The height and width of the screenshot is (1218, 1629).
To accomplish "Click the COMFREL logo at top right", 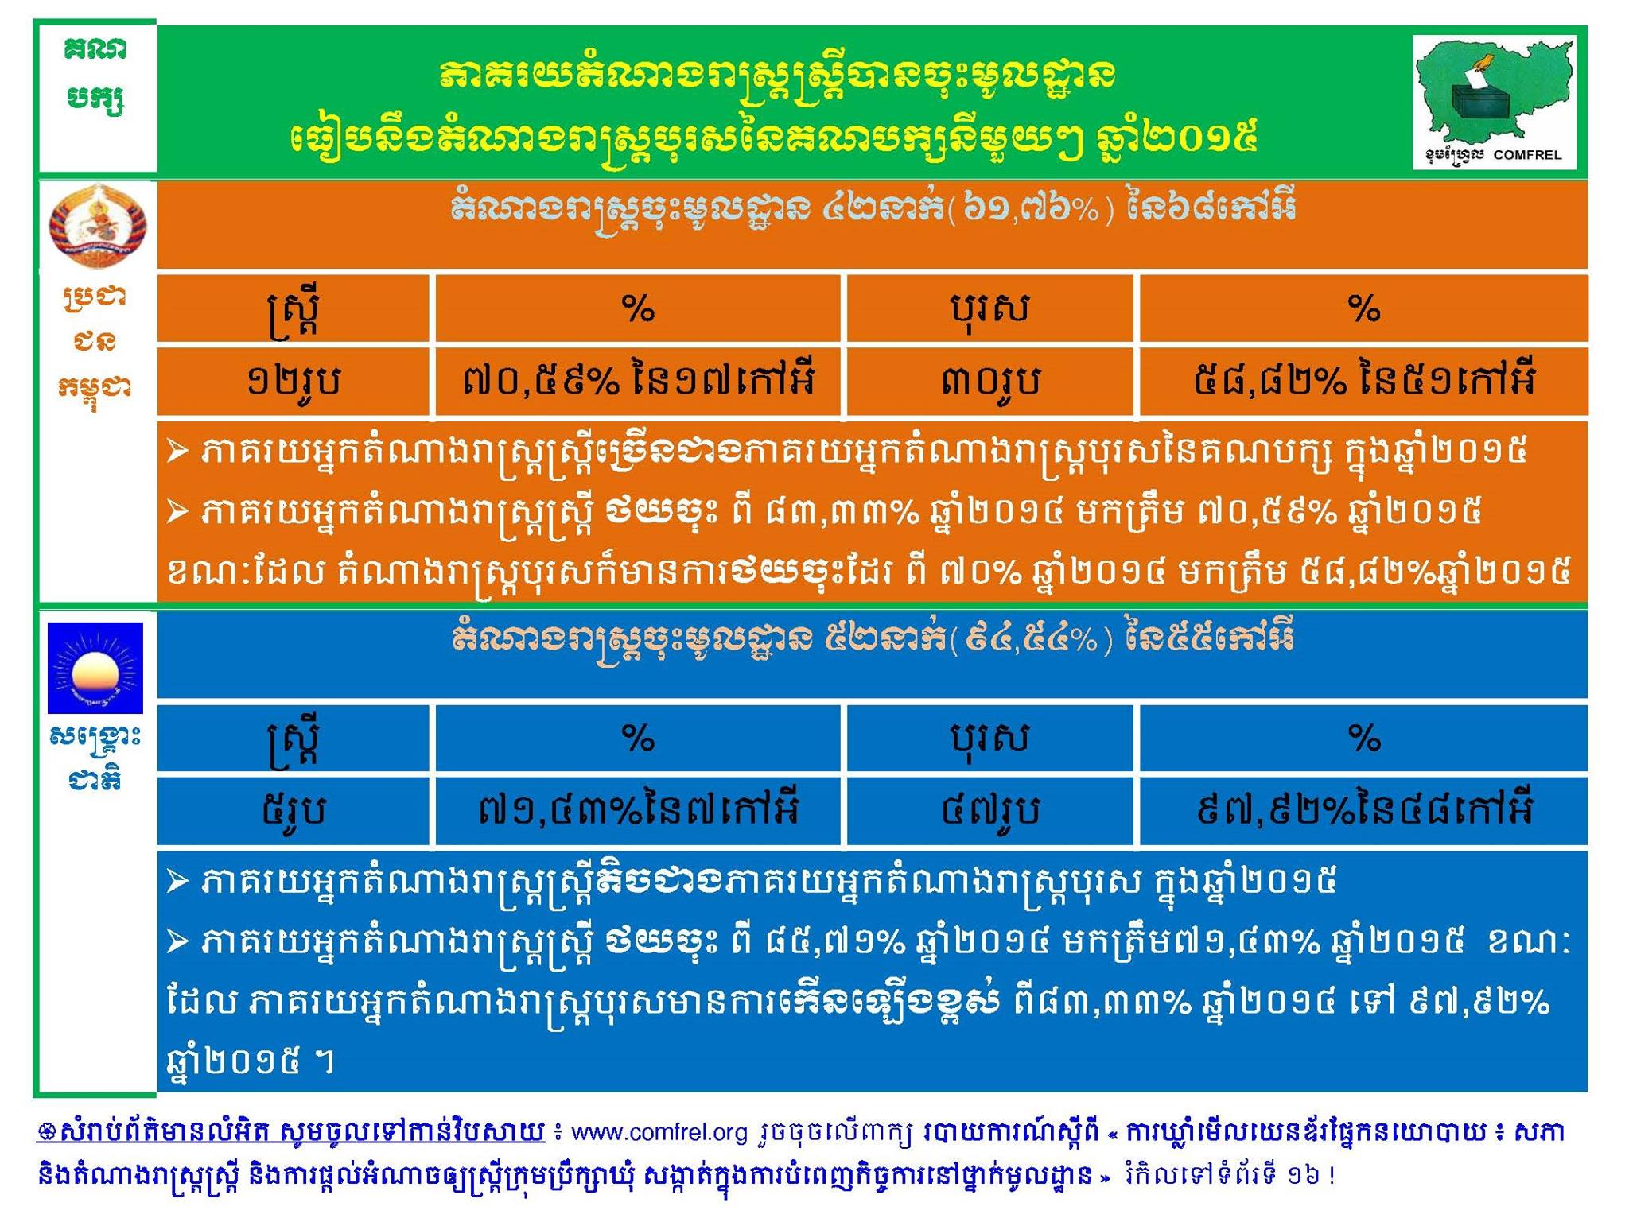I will (x=1494, y=101).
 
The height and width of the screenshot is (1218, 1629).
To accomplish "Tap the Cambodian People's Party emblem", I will (x=97, y=224).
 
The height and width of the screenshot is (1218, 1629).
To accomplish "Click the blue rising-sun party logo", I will (x=95, y=667).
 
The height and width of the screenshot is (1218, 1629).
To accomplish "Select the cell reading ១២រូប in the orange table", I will (x=294, y=382).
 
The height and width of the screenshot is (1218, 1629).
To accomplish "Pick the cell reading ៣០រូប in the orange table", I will (x=989, y=382).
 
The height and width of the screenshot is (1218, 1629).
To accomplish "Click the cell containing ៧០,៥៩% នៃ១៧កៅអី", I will (x=638, y=382).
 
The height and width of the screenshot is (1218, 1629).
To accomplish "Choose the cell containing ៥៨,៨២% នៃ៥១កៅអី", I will (x=1363, y=382).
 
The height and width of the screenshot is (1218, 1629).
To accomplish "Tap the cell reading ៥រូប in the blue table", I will (x=294, y=810).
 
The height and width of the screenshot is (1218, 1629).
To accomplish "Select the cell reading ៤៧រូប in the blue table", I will (x=989, y=810).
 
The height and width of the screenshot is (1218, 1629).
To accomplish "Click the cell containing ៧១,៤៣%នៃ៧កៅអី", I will (x=638, y=810).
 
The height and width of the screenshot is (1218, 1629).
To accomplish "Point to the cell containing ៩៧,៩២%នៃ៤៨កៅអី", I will (x=1363, y=810).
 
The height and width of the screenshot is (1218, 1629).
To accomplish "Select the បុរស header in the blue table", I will (x=989, y=738).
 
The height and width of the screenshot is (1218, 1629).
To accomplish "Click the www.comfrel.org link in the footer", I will (x=659, y=1132).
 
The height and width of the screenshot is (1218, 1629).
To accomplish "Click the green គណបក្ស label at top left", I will (x=95, y=76).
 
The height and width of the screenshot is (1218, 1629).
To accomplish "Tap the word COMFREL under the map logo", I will (x=1527, y=155).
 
